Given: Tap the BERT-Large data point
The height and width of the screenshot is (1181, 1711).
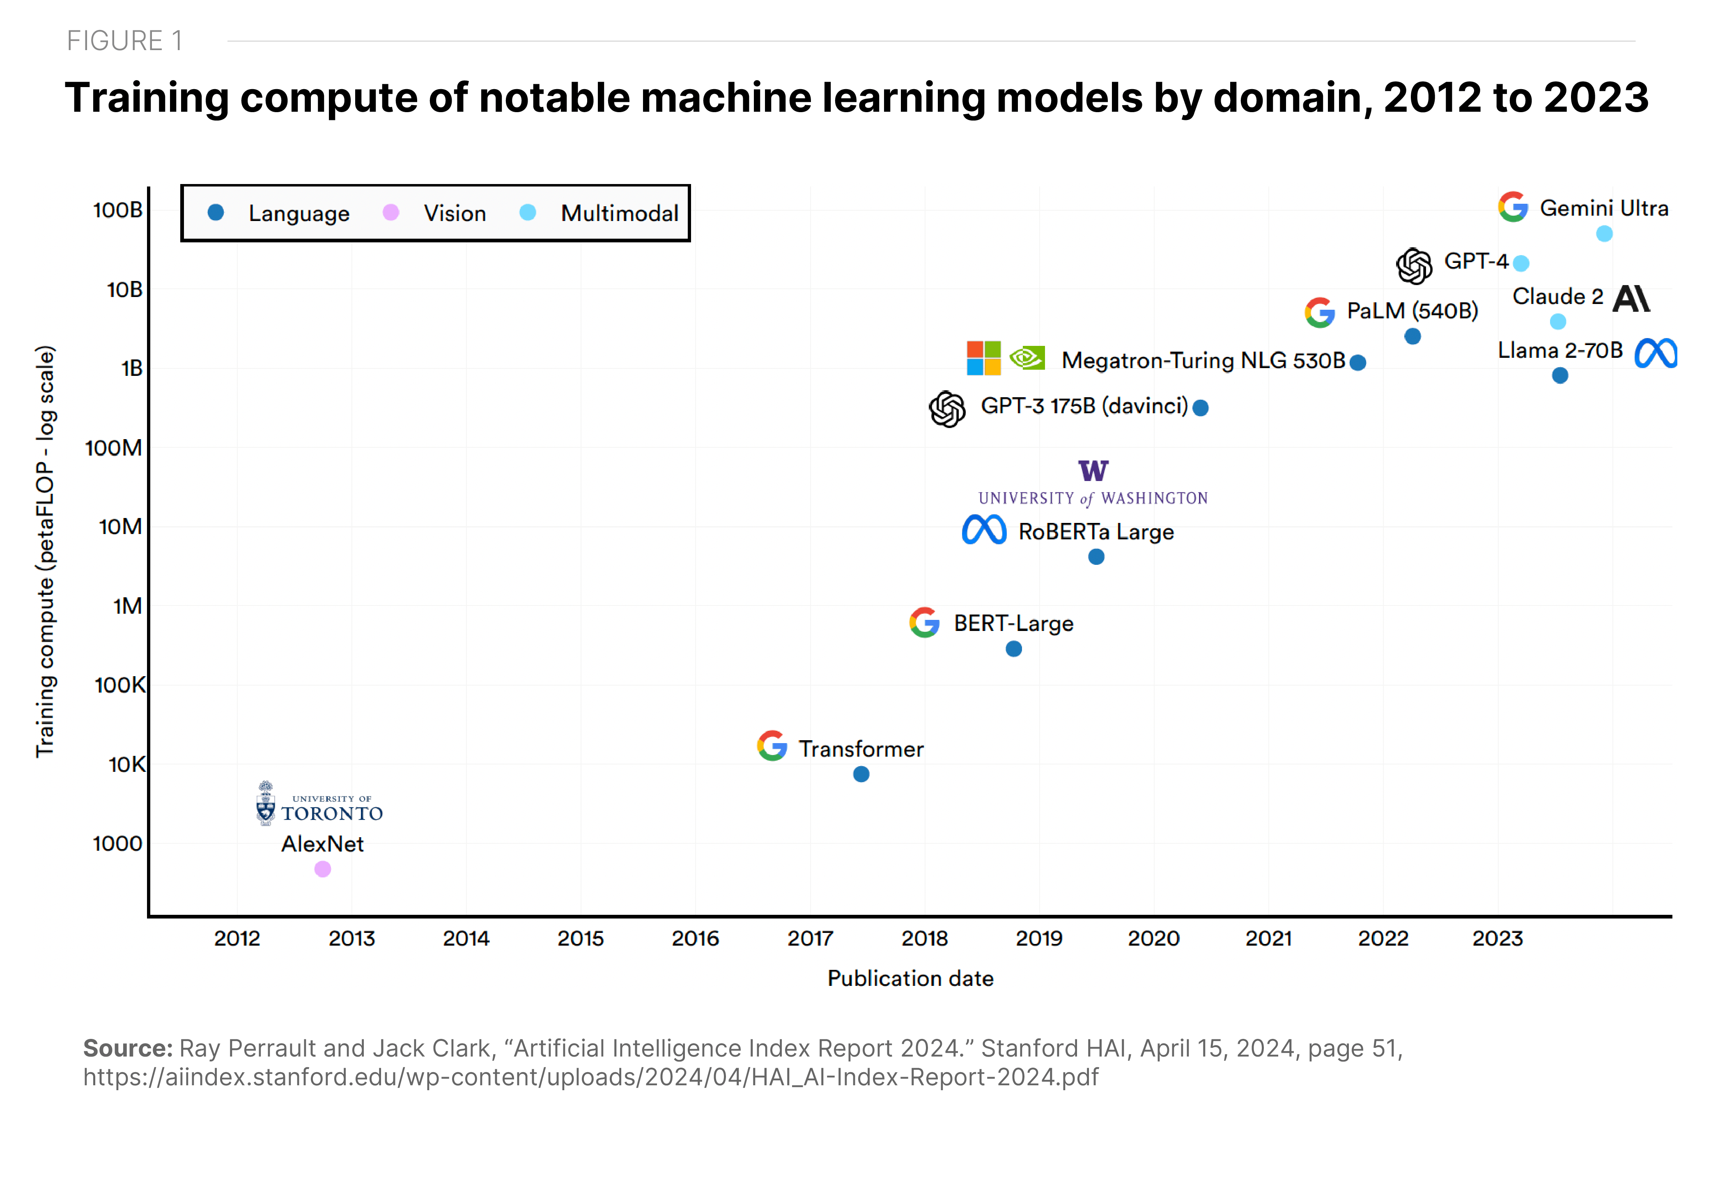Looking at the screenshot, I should pos(1014,649).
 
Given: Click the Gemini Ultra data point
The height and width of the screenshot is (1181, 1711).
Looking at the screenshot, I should pos(1605,234).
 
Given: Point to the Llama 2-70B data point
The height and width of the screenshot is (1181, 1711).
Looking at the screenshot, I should pos(1560,376).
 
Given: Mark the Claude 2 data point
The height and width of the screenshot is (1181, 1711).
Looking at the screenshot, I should pos(1558,322).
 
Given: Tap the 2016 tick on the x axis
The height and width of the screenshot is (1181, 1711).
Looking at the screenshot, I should pos(695,938).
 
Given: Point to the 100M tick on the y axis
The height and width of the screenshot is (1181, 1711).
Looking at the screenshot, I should pos(114,448).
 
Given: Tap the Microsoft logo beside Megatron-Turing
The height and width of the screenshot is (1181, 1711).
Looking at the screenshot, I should pos(984,358).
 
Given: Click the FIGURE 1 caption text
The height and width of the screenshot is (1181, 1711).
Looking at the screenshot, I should pos(124,41).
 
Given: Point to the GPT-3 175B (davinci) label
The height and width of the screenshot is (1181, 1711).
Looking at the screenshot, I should pos(1084,406).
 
